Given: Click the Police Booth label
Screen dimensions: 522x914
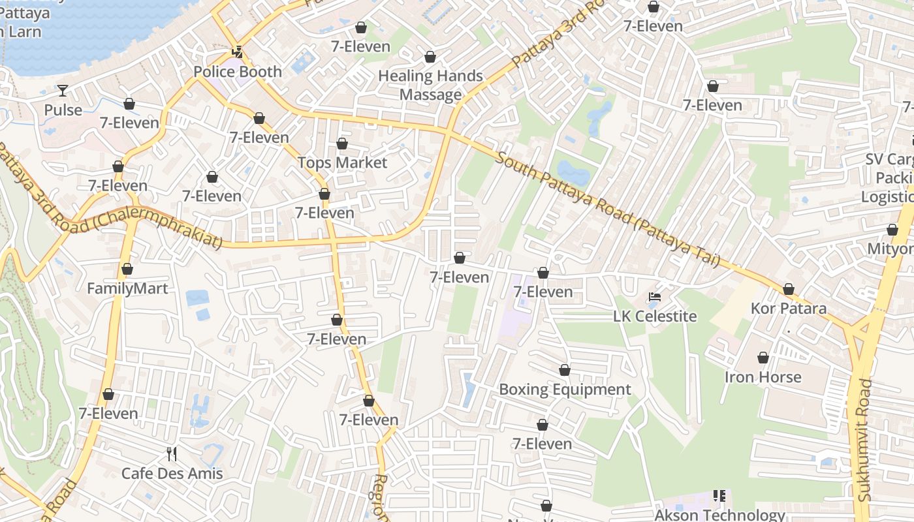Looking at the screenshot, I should pos(238,72).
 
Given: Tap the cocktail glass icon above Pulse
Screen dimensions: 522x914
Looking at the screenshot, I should pos(63,90).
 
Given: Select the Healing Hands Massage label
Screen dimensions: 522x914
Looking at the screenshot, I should pos(430,85).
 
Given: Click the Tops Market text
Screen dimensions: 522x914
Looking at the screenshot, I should pos(342,162).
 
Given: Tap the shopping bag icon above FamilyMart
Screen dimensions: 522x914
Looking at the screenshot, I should pos(127,269).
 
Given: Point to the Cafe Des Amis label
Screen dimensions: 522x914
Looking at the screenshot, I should pos(172,474).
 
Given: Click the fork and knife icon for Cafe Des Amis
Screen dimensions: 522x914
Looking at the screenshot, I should pos(172,453).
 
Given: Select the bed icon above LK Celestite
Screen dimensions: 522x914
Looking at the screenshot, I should pos(655,298).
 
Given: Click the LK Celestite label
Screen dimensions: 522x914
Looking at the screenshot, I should pos(655,316).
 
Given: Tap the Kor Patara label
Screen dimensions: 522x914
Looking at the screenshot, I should pos(788,309).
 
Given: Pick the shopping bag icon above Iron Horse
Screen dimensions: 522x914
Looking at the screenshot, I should pos(763,358).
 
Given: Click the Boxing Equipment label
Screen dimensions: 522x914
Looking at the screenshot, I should pos(565,390).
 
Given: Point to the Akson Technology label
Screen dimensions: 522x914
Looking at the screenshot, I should pos(719,515).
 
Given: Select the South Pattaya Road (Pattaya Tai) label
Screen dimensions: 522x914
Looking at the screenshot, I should pos(607,209).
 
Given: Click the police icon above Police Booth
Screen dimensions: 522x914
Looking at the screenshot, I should pos(238,52).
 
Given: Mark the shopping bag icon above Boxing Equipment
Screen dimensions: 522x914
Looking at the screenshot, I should pos(565,371).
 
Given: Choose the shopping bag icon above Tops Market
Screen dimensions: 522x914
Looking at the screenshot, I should pos(342,144).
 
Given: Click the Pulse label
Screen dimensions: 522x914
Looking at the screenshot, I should pos(63,110).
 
